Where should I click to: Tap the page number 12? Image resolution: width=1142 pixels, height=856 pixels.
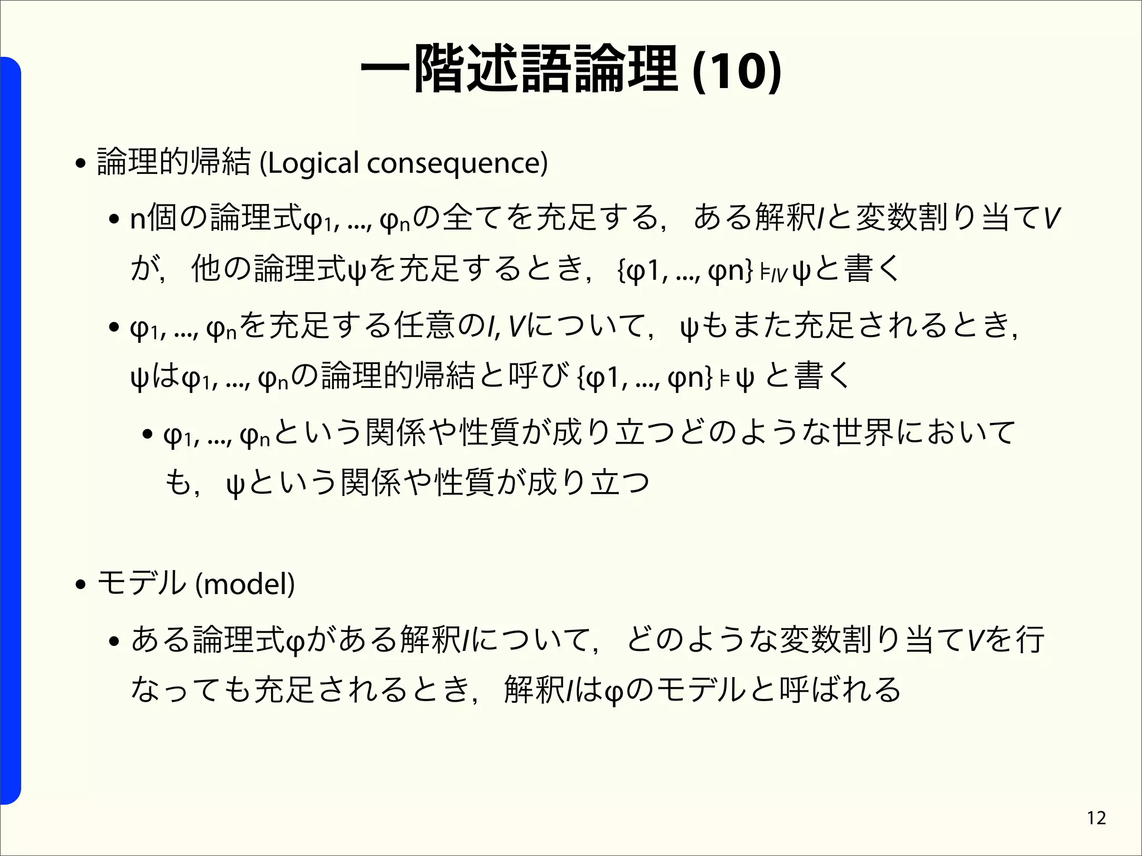(1096, 818)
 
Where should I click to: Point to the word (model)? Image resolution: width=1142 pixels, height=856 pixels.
(245, 584)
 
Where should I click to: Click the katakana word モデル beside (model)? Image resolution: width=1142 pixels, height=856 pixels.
(142, 584)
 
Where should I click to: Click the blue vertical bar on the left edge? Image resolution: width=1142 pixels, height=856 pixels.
(11, 429)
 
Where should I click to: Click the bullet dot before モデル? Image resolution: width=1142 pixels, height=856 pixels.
(81, 585)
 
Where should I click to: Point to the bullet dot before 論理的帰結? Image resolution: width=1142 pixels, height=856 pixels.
(81, 164)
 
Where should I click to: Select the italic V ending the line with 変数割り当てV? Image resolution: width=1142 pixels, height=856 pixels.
(1052, 218)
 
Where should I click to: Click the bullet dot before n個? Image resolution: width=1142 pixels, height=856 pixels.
(115, 220)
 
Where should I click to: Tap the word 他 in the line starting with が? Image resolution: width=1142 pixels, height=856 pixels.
(206, 269)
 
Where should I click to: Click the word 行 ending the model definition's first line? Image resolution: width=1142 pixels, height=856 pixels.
(1030, 639)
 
